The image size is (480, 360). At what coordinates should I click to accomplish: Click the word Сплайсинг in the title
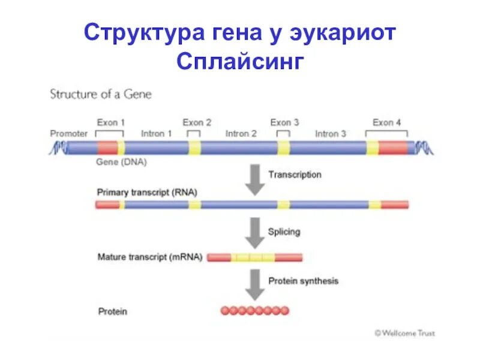tap(241, 62)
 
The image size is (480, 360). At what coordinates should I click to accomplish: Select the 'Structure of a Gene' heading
tap(101, 94)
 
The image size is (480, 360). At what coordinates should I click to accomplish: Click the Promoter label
tap(68, 133)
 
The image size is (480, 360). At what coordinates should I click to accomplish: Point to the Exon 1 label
tap(111, 122)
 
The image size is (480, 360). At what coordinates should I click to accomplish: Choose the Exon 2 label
tap(197, 122)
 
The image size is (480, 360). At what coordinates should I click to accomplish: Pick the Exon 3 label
tap(284, 122)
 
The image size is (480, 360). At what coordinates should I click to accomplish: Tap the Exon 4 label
tap(387, 122)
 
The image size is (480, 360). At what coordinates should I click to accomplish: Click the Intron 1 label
tap(156, 133)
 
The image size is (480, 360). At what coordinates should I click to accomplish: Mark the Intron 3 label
tap(331, 133)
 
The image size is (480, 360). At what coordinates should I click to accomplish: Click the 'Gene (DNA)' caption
tap(121, 162)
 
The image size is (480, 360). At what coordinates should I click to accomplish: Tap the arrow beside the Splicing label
tap(256, 233)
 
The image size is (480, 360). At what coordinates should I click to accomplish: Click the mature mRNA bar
tap(254, 257)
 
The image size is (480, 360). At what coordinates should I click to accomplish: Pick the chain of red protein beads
tap(254, 311)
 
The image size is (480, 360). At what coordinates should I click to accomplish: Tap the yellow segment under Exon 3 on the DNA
tap(283, 148)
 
